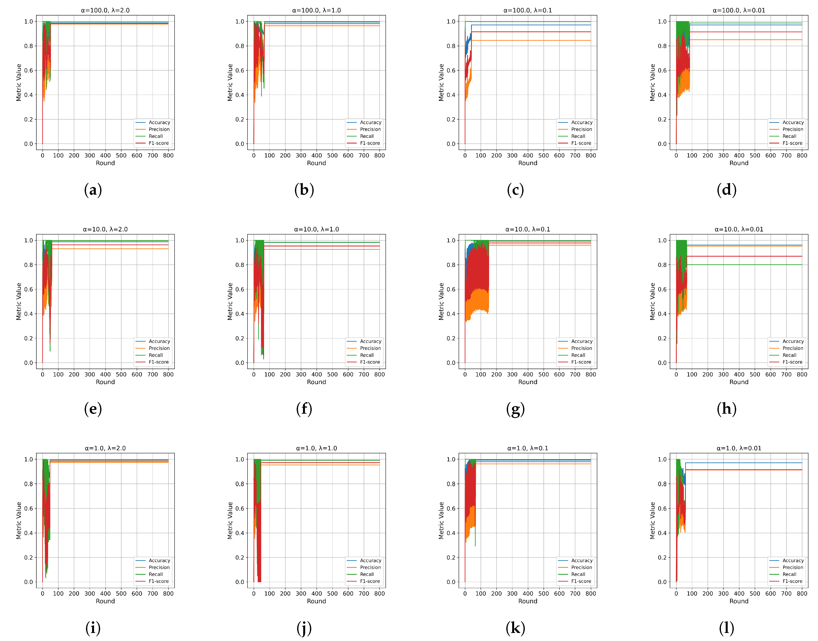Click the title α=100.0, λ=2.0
(105, 10)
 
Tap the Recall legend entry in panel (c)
(578, 136)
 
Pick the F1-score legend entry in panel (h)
(792, 362)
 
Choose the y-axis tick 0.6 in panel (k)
(451, 509)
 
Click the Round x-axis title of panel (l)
(739, 601)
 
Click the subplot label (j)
(304, 628)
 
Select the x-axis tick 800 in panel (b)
(379, 156)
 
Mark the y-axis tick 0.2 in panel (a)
(29, 119)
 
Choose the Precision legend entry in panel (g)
(581, 348)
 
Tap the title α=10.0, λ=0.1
(528, 229)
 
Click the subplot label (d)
(726, 190)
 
